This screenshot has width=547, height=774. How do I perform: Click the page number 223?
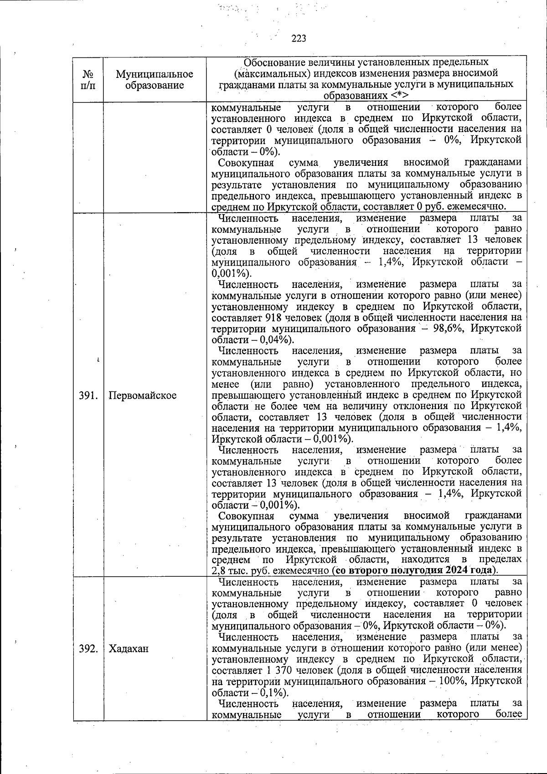(x=299, y=38)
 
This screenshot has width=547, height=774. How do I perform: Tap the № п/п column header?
(x=88, y=80)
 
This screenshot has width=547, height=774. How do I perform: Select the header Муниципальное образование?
(x=154, y=80)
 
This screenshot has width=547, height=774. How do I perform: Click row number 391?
(x=88, y=395)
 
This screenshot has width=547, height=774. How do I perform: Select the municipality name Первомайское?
(x=143, y=395)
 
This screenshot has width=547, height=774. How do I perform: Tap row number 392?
(x=88, y=649)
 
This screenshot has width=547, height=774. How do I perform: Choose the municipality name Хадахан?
(x=129, y=649)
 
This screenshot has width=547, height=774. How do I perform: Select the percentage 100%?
(x=454, y=681)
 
